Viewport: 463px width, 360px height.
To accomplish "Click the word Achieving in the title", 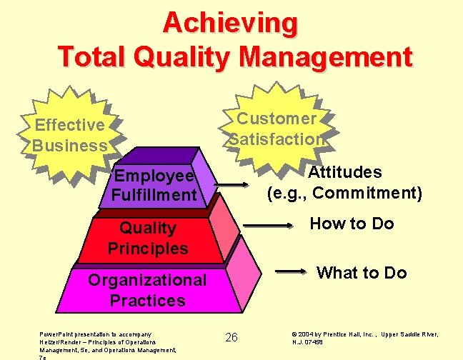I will (230, 23).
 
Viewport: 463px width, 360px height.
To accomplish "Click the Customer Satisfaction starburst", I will (277, 129).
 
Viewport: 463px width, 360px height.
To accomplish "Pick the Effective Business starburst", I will (69, 135).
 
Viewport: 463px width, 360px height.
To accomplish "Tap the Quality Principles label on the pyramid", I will (148, 238).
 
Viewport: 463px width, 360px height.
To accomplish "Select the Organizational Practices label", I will (147, 289).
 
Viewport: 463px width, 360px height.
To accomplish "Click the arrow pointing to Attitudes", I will (230, 186).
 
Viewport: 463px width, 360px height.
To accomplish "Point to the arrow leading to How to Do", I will (269, 228).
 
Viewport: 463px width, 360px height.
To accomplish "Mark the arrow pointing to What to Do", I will (294, 271).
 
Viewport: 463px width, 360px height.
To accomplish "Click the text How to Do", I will (352, 224).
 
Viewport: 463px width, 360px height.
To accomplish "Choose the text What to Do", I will (362, 273).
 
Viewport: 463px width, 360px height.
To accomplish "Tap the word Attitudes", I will (344, 172).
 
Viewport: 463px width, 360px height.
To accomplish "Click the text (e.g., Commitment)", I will (344, 193).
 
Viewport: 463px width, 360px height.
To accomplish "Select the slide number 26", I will (231, 337).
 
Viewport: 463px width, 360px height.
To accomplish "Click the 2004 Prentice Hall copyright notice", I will (364, 338).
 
